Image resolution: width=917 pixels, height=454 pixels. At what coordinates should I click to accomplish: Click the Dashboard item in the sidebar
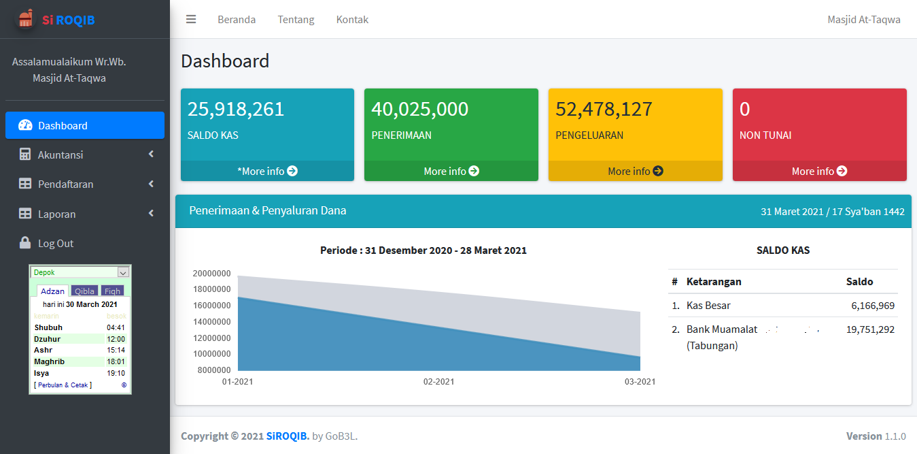click(84, 125)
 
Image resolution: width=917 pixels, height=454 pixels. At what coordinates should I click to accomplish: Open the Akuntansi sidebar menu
click(84, 155)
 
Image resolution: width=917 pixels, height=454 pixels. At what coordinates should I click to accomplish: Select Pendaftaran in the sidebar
click(84, 184)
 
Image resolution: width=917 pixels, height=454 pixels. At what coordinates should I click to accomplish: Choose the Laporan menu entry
click(84, 214)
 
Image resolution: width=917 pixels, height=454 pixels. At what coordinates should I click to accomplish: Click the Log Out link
click(55, 243)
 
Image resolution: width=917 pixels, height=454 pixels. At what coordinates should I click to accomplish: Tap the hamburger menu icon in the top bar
click(191, 20)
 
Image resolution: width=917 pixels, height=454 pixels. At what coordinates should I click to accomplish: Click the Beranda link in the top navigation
click(237, 20)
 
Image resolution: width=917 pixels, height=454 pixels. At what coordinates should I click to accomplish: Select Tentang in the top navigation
click(296, 20)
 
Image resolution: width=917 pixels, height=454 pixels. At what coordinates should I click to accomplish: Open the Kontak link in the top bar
click(352, 20)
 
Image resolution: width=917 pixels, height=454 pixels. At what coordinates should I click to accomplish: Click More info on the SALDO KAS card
click(267, 171)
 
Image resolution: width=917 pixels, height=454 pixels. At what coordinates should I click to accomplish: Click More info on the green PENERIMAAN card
click(451, 171)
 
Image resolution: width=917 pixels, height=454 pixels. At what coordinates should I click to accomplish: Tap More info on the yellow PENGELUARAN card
click(636, 171)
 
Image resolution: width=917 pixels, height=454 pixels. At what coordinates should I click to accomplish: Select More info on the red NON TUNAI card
click(819, 171)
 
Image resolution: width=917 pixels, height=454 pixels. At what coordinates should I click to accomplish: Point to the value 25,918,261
click(236, 109)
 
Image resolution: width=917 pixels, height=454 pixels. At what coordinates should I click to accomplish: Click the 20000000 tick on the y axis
click(211, 274)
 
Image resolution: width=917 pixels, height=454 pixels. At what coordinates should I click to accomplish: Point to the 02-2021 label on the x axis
click(438, 382)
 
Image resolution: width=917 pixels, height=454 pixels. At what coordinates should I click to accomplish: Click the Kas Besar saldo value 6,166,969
click(873, 306)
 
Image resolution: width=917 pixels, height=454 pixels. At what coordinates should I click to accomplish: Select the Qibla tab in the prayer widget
click(85, 291)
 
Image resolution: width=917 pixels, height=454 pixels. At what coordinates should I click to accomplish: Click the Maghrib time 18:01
click(116, 361)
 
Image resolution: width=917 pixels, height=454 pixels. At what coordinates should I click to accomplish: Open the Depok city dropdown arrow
click(123, 272)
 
